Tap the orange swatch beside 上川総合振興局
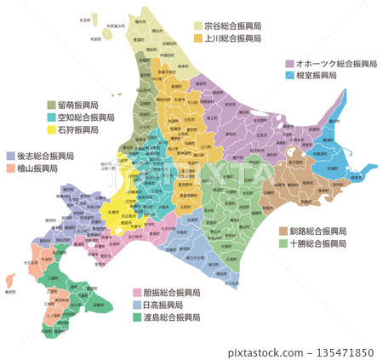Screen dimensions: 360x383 [x=197, y=38]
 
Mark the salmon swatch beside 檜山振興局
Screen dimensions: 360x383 [x=10, y=169]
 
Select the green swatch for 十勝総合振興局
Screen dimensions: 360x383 [x=283, y=243]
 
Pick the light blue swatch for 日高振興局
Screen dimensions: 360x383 [x=136, y=305]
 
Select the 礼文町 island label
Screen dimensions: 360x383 [x=84, y=19]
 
